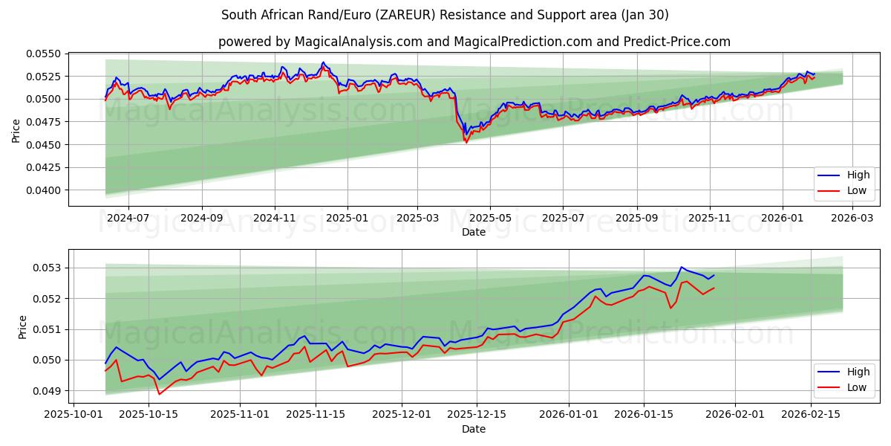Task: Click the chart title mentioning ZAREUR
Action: (x=445, y=15)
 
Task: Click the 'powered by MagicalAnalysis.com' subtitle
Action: (x=474, y=42)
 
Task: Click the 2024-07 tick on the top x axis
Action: (x=128, y=219)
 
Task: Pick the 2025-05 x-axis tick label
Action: (x=490, y=219)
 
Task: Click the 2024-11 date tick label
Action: (x=275, y=219)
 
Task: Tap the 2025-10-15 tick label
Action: (x=149, y=415)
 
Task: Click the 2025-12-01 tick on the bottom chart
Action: (x=402, y=415)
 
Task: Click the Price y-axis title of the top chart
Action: (x=16, y=131)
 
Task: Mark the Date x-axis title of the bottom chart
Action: (x=474, y=429)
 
